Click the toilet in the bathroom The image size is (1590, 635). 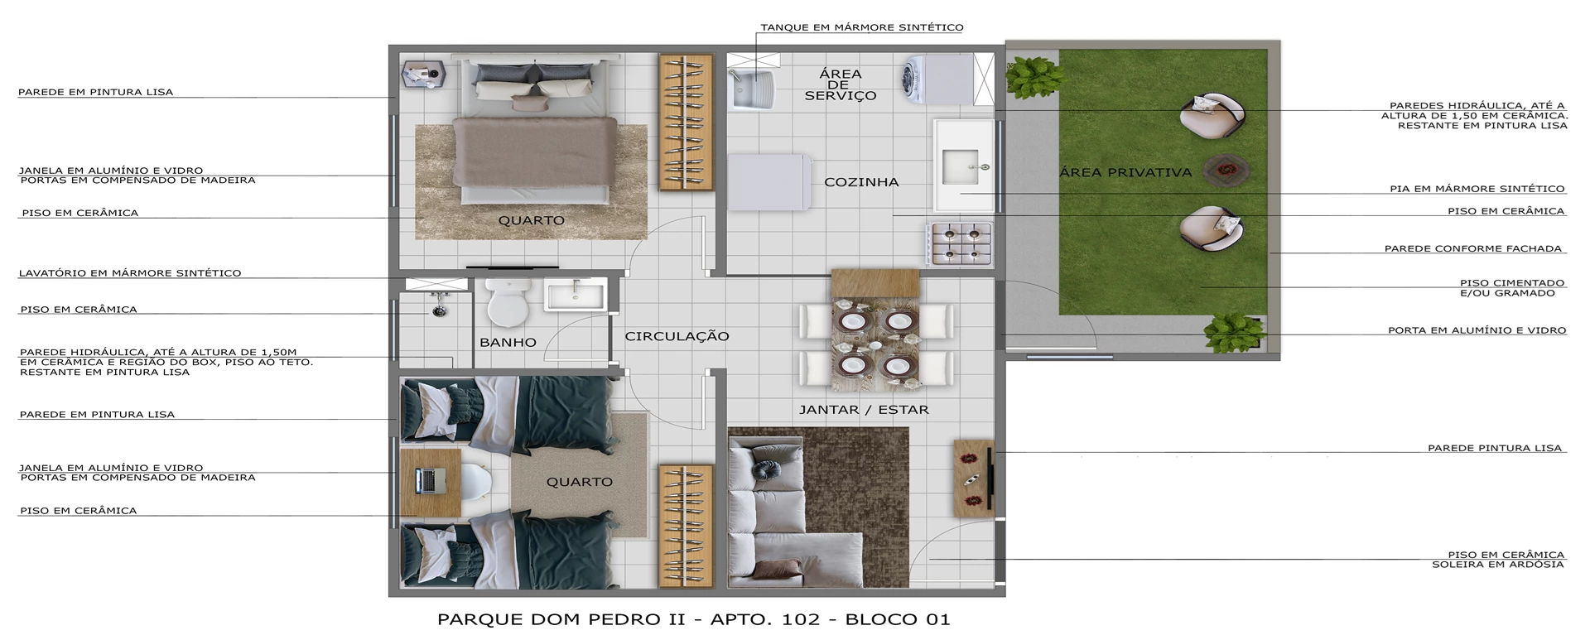tap(508, 303)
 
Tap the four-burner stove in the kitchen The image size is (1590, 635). tap(961, 243)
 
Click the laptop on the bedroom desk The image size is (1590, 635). tap(430, 480)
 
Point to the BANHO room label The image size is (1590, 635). tap(508, 342)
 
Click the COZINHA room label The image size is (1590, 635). tap(861, 182)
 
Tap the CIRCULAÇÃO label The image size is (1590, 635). tap(677, 336)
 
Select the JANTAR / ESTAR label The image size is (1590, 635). tap(864, 409)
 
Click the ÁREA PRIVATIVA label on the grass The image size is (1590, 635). tap(1125, 172)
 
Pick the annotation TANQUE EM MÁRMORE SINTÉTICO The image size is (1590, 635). tap(862, 27)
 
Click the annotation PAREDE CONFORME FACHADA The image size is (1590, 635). tap(1473, 248)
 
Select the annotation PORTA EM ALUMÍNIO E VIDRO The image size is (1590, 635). tap(1477, 330)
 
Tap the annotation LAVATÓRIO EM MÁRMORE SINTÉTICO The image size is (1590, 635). tap(130, 272)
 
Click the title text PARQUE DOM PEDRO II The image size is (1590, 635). tap(561, 619)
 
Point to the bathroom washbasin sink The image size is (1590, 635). tap(576, 295)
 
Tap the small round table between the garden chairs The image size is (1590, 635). tap(1226, 170)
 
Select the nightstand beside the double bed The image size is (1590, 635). tap(424, 74)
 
